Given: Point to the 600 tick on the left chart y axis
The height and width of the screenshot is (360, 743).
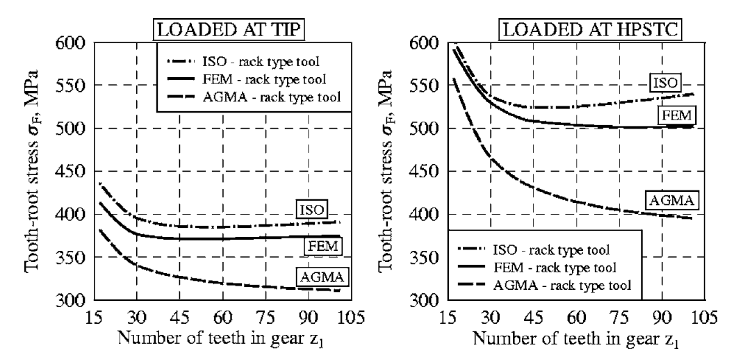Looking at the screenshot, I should pyautogui.click(x=70, y=43).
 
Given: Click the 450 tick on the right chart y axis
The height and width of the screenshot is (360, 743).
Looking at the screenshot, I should pyautogui.click(x=423, y=172).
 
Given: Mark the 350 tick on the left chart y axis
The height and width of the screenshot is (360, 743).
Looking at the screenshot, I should pyautogui.click(x=70, y=258).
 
